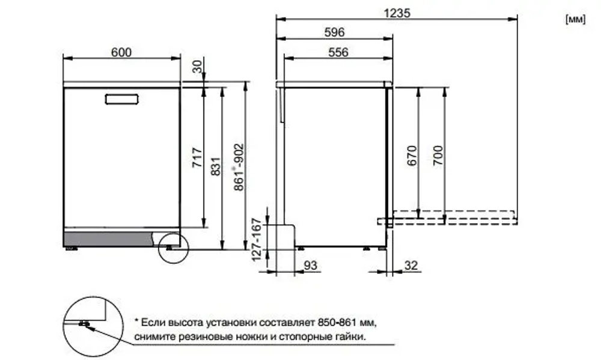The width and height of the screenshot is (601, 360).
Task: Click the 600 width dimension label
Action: [x=121, y=52]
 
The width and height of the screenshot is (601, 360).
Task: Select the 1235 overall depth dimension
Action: [x=397, y=13]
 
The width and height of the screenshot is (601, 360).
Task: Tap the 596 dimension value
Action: [x=334, y=33]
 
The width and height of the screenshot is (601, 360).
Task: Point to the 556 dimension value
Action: [x=338, y=52]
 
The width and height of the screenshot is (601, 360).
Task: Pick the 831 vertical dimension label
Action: [x=216, y=166]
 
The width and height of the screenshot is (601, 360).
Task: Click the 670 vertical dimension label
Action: [x=412, y=157]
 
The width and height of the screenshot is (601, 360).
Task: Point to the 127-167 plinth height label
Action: [x=257, y=239]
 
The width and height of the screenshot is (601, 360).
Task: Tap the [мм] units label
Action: [x=575, y=20]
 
